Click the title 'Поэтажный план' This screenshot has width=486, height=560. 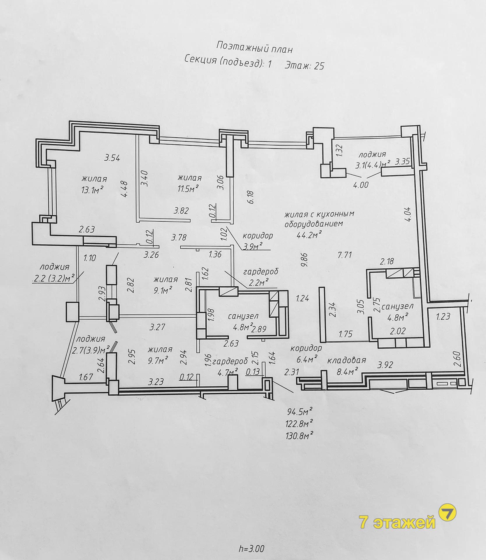[254, 48]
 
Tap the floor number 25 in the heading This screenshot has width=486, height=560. [319, 66]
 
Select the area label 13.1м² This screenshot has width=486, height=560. [93, 190]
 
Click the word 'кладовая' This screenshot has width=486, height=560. [346, 360]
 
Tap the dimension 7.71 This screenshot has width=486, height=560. [345, 255]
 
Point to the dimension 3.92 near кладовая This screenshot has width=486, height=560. [385, 365]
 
